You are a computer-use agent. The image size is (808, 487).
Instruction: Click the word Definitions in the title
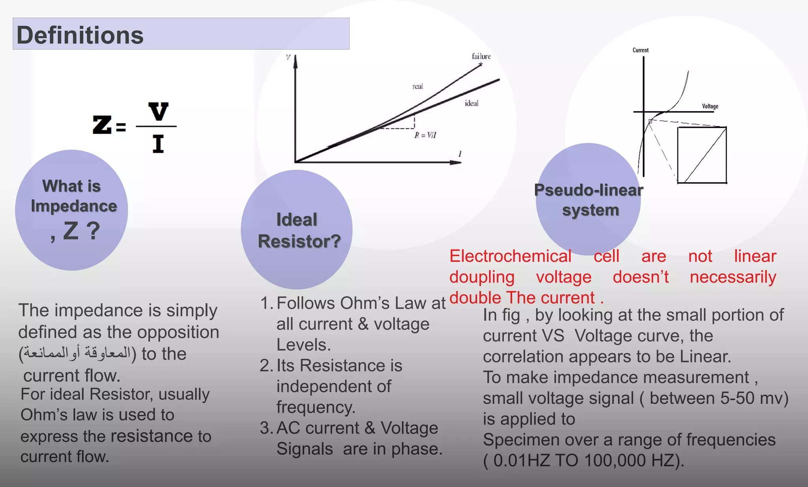coord(80,35)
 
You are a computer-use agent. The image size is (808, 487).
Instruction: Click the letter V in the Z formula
coord(158,112)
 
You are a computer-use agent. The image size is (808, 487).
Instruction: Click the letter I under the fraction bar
coord(158,144)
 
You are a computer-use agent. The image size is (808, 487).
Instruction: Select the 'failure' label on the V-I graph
coord(481,56)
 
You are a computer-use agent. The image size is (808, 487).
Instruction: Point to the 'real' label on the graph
coord(417,86)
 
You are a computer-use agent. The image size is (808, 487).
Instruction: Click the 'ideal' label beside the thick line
coord(471,103)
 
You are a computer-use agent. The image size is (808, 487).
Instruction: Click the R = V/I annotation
coord(425,135)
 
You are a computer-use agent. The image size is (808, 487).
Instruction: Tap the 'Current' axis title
coord(640,50)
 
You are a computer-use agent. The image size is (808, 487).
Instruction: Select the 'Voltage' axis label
coord(710,106)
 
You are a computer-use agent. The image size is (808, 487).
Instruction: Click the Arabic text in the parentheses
coord(77,353)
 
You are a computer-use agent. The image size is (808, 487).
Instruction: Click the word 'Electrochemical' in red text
coord(510,256)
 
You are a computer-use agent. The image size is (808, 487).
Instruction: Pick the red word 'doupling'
coord(482,277)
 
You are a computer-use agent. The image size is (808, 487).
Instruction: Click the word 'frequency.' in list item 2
coord(316,407)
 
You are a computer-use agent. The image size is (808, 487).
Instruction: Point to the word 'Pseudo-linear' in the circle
coord(588,190)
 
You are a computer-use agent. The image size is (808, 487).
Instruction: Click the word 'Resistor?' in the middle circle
coord(299,241)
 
